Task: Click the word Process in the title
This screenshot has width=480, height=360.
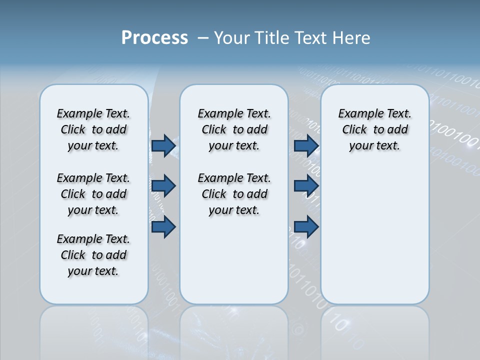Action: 154,37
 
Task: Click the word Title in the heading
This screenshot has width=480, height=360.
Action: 272,38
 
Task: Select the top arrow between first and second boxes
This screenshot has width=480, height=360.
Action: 163,145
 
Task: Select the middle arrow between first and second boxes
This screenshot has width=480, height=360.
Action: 163,186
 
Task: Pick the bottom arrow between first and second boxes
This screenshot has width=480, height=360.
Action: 163,227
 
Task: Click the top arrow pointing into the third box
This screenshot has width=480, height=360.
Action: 306,145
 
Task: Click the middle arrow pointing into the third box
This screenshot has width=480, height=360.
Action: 306,186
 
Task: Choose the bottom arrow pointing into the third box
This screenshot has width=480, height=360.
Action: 306,227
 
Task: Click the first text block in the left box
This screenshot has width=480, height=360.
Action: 93,129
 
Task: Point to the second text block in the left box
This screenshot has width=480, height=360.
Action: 93,194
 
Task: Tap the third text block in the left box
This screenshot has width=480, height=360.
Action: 93,255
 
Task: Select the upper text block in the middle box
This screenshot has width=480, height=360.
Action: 234,129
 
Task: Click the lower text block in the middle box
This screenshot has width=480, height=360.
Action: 234,194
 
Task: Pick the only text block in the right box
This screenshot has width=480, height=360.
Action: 374,129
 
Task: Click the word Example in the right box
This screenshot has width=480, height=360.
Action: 355,114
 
